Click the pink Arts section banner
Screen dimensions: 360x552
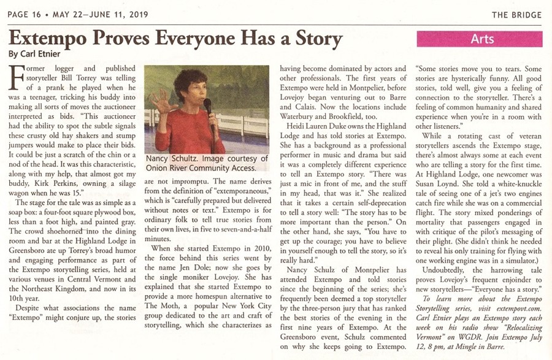click(482, 39)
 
